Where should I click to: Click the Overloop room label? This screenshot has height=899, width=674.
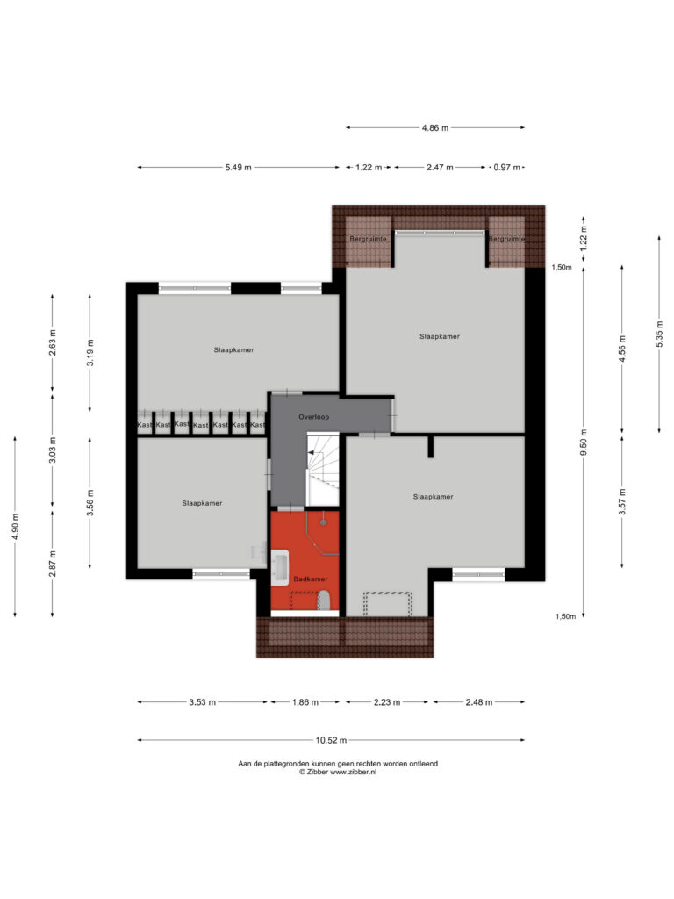point(313,417)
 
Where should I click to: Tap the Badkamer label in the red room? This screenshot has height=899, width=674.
point(311,579)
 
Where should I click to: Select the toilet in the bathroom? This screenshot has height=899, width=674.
point(325,601)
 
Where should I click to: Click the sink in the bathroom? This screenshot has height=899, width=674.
point(280,568)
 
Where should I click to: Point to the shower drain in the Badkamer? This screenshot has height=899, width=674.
point(323,522)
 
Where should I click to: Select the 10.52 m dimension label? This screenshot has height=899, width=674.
point(331,740)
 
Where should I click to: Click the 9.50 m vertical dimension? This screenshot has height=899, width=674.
point(584,442)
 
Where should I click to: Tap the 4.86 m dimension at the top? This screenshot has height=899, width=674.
point(435,128)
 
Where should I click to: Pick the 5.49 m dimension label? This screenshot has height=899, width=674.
point(238,168)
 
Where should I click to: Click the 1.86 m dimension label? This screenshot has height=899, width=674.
point(305,701)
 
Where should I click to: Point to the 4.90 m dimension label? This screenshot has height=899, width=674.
point(15,527)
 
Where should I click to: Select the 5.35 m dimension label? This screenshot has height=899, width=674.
point(660,334)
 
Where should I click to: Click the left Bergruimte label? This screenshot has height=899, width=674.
point(368,239)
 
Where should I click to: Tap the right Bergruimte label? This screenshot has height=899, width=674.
point(506,239)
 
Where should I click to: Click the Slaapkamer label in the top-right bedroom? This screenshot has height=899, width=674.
point(440,336)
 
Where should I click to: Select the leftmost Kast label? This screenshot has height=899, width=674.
point(145,425)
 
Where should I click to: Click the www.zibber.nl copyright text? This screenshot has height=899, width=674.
point(338,773)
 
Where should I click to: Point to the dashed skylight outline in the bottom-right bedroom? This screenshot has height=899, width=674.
point(387,603)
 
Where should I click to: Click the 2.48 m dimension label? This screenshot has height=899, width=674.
point(478,701)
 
